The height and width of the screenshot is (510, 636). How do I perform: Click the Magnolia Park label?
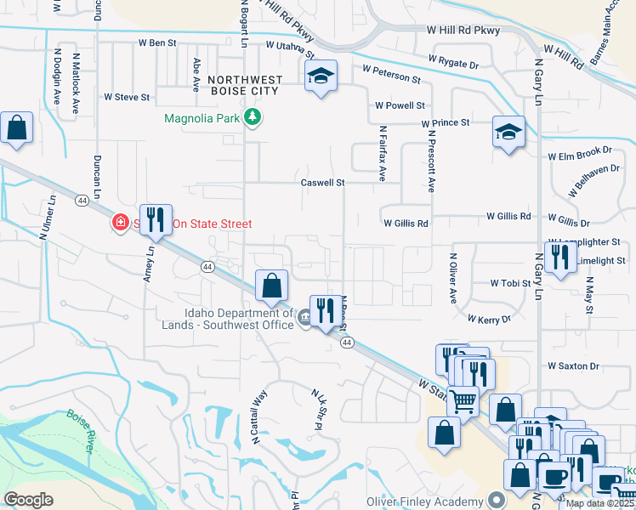(x=202, y=117)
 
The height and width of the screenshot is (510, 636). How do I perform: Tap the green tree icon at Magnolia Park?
(x=252, y=116)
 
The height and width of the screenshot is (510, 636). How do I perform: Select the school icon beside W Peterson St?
(x=321, y=76)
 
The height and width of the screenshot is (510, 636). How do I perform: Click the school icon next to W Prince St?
(x=508, y=132)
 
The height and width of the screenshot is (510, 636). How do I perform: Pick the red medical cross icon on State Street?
(x=121, y=224)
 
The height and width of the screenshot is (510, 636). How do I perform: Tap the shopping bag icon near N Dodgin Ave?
(x=17, y=127)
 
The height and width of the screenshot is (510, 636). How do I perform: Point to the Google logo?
(x=29, y=500)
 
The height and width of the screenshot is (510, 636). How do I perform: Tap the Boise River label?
(x=82, y=431)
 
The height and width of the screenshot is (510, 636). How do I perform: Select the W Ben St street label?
(x=156, y=42)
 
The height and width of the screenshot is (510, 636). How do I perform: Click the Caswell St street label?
(x=322, y=182)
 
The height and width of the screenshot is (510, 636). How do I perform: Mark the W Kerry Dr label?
(x=489, y=319)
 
